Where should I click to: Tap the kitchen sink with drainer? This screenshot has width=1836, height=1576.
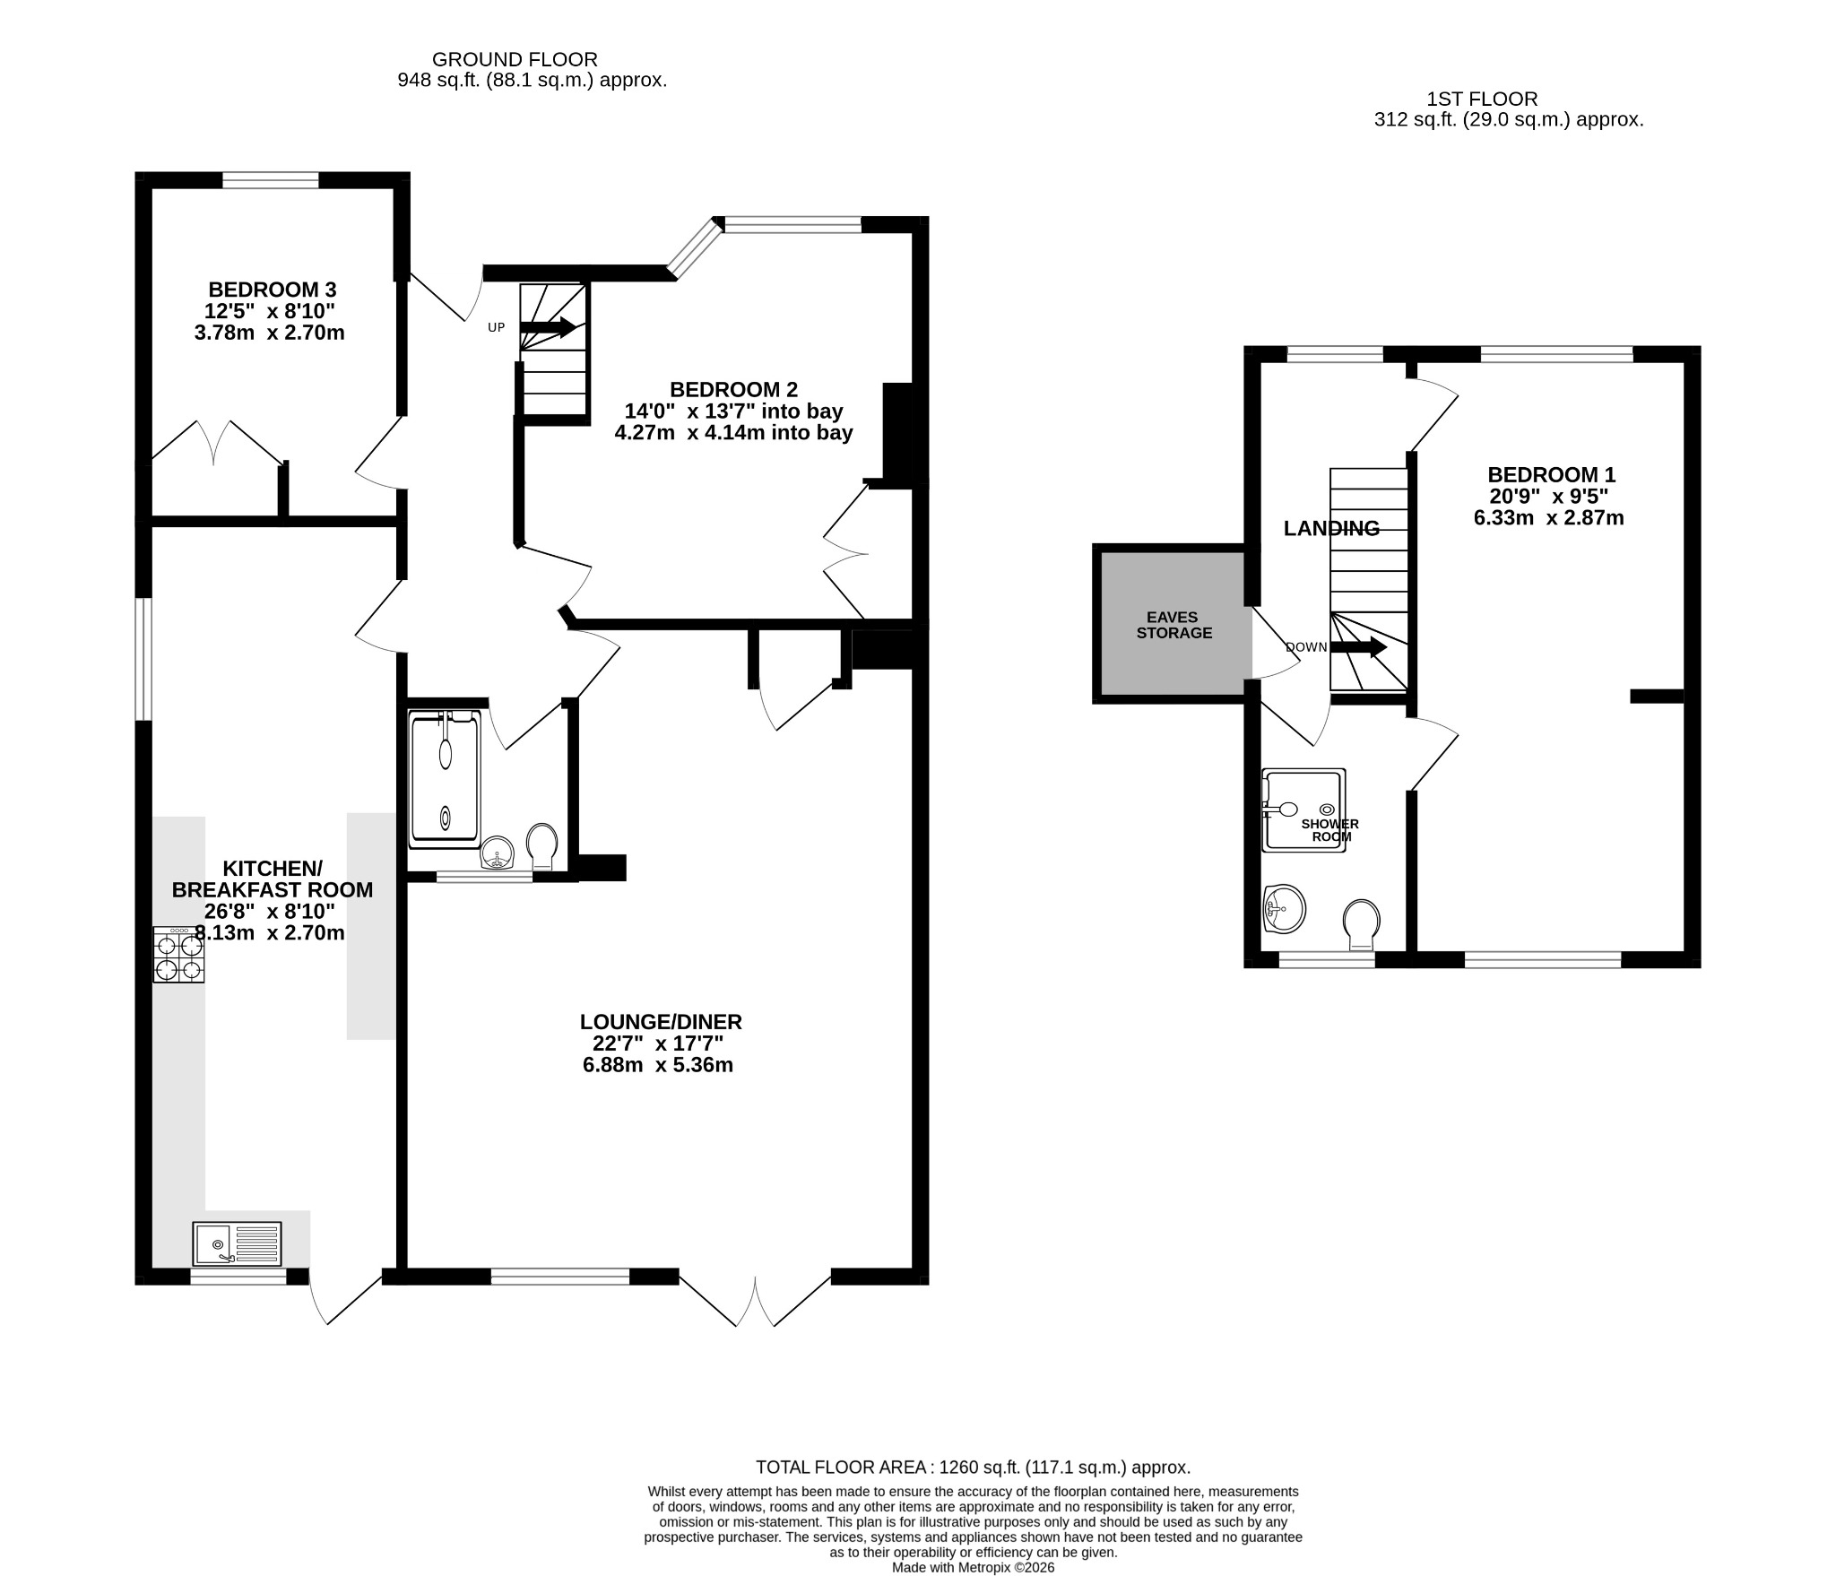pos(237,1243)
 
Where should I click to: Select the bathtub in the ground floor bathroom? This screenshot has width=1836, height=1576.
pos(446,778)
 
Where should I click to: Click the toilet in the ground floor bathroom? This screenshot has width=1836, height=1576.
pos(541,846)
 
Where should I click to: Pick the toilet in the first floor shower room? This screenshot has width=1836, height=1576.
pos(1361,924)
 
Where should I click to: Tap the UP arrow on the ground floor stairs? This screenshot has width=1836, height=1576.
pos(548,327)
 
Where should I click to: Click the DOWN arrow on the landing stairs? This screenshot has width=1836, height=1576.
pos(1358,647)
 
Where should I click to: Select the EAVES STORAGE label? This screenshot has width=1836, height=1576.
pos(1173,625)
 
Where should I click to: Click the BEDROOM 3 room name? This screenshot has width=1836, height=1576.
pos(273,290)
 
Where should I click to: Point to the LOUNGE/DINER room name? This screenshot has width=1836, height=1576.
pos(661,1021)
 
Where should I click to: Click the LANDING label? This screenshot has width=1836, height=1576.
pos(1331,528)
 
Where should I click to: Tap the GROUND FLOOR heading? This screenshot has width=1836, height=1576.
pos(515,59)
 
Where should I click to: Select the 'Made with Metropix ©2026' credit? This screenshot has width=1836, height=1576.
pos(974,1568)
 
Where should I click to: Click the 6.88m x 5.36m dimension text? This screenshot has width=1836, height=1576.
pos(657,1065)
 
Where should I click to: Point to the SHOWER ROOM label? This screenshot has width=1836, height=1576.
pos(1330,830)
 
